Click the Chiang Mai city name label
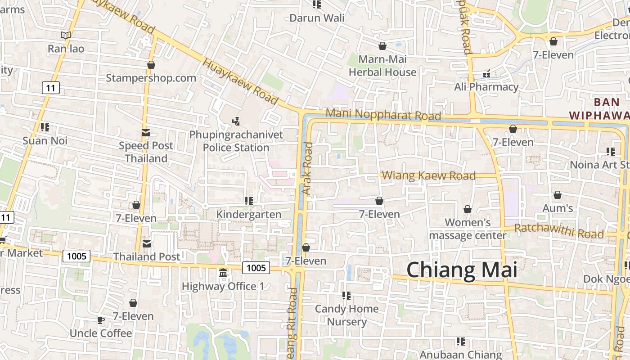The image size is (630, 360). coord(462,270)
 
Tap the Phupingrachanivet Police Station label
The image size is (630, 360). coord(236,141)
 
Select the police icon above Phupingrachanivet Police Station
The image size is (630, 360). coord(236,121)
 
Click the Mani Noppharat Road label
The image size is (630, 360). coord(383,114)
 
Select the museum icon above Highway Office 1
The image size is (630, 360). coord(223,273)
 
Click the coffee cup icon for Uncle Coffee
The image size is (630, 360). coord(100,320)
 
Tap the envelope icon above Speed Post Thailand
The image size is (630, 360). coord(146,133)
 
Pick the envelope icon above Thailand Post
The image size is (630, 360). coord(147,244)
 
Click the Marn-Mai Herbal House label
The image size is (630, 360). coord(382,66)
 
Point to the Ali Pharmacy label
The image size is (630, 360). coord(486,87)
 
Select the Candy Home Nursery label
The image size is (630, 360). coord(346,315)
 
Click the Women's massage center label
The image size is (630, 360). coord(468,229)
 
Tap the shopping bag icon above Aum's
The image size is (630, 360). coord(558,195)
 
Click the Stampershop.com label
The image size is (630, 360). coord(151,78)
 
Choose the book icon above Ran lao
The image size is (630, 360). coord(66,35)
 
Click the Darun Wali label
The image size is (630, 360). coord(317,18)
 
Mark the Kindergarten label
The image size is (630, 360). coord(249,214)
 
